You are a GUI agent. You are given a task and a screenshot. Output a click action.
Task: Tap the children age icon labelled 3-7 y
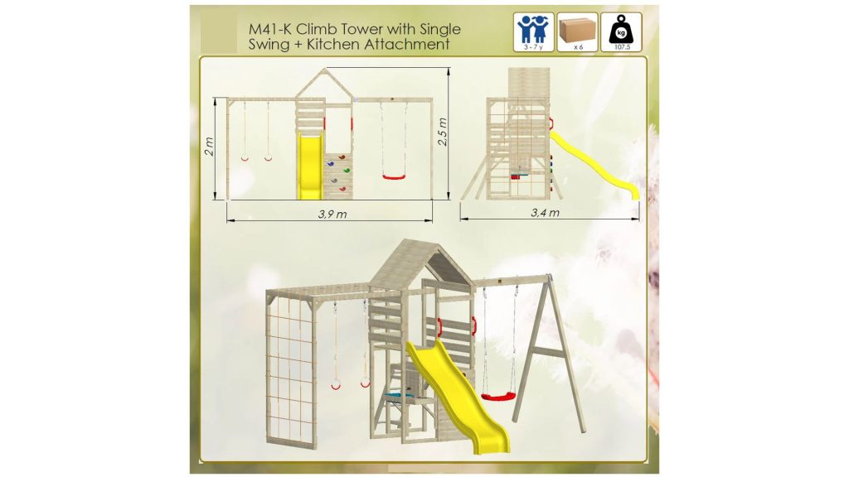[533, 32]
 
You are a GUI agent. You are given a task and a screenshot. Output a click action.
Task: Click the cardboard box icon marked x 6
[577, 32]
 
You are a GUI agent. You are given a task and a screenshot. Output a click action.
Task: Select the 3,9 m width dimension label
[332, 214]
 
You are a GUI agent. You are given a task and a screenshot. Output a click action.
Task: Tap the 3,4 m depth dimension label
[545, 213]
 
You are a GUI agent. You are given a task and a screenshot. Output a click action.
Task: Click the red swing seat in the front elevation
[394, 176]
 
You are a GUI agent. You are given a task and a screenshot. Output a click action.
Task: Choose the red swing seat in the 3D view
[497, 397]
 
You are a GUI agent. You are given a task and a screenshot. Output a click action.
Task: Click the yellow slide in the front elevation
[310, 167]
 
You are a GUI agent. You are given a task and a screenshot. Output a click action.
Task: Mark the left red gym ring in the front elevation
[245, 158]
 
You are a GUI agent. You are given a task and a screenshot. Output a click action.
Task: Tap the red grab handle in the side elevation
[551, 124]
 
